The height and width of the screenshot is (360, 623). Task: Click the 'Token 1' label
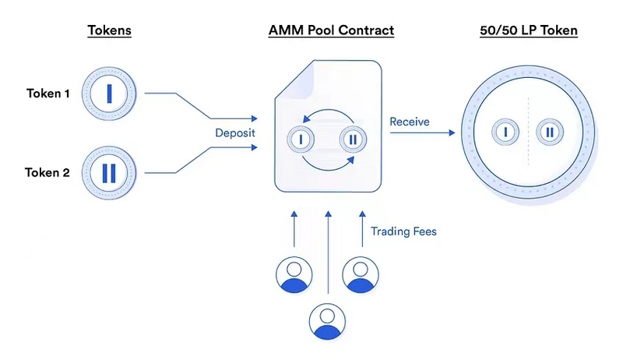48,94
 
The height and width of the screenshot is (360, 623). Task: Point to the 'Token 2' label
48,172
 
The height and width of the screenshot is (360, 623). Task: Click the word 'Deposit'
236,134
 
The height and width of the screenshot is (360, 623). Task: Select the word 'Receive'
410,122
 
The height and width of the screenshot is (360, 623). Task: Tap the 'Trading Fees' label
403,231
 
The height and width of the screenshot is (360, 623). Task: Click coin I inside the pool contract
300,139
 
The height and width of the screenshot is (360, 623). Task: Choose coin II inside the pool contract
353,139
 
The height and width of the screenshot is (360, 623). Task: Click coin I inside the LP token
506,132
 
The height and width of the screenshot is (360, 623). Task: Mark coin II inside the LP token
550,132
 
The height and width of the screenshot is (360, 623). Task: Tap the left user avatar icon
294,274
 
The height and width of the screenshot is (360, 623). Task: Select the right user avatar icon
360,274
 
